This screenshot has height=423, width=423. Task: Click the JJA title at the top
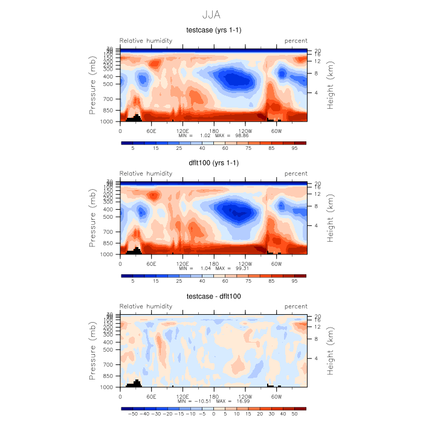tap(211, 13)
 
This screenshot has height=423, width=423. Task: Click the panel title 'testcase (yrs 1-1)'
tap(213, 30)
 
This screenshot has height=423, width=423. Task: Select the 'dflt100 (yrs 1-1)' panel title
tap(213, 163)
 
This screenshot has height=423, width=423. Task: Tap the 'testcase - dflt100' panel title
tap(213, 296)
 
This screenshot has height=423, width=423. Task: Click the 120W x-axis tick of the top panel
tap(245, 131)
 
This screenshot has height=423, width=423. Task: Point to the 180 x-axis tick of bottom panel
tap(214, 396)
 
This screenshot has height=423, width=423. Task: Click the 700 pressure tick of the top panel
tap(109, 98)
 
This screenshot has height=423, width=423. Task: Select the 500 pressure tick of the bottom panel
tap(109, 349)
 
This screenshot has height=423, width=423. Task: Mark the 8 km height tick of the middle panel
tap(316, 206)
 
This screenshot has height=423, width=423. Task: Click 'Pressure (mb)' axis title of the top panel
tap(93, 85)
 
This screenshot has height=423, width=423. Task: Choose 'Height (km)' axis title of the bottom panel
tap(331, 350)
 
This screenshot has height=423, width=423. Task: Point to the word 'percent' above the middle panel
tap(295, 173)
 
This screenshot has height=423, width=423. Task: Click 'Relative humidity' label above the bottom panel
tap(146, 306)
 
